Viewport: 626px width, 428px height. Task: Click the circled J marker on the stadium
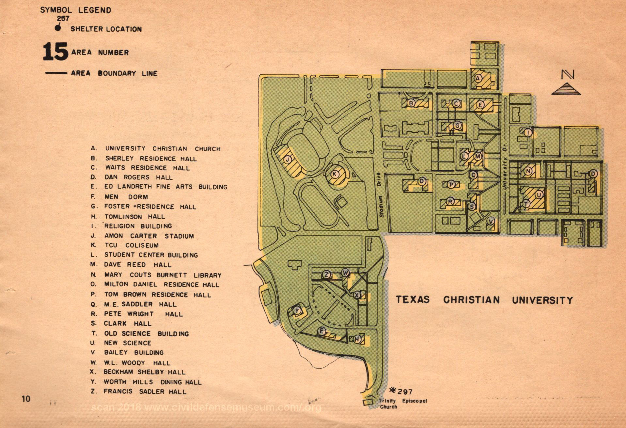click(288, 160)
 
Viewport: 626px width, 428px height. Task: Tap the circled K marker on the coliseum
click(334, 174)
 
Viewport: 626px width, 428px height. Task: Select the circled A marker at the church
click(478, 78)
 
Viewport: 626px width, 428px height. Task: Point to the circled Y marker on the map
click(297, 311)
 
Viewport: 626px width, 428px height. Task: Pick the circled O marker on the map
click(422, 181)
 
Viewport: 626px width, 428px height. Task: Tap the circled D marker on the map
click(593, 174)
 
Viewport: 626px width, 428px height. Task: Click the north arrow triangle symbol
click(566, 89)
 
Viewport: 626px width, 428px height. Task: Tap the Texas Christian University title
click(484, 300)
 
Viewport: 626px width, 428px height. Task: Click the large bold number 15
click(55, 52)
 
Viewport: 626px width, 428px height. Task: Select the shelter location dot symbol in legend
click(58, 28)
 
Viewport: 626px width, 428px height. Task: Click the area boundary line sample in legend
click(56, 73)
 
